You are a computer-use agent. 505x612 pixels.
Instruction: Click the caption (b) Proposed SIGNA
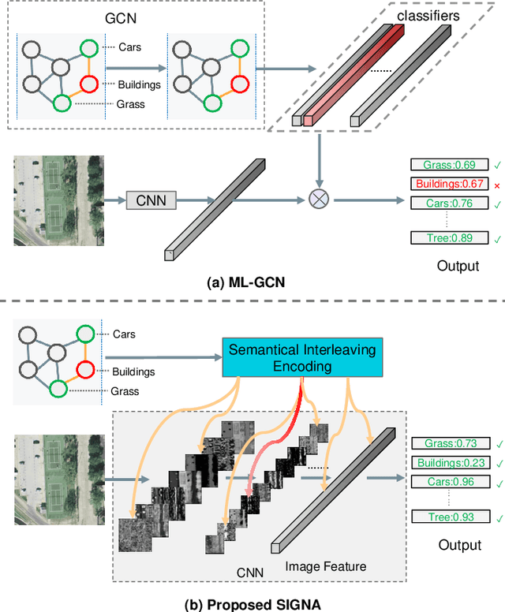click(252, 603)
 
